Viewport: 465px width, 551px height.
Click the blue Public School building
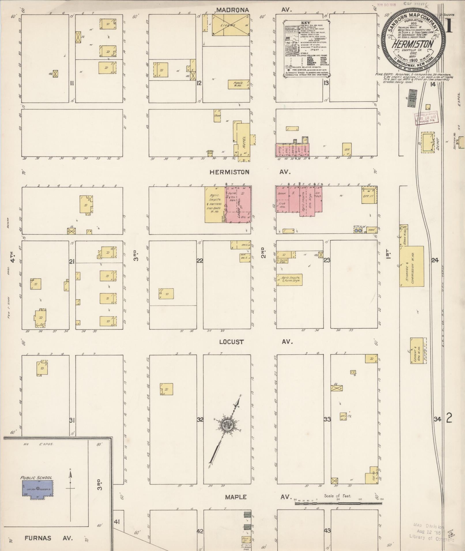coord(37,489)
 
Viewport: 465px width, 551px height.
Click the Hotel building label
coord(244,141)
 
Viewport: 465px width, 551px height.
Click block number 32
coord(200,420)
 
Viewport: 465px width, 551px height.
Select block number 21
coord(72,262)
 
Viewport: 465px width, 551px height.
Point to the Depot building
coord(428,143)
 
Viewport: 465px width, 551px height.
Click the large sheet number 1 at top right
coord(449,27)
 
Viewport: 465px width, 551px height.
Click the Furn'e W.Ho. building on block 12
coord(239,84)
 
